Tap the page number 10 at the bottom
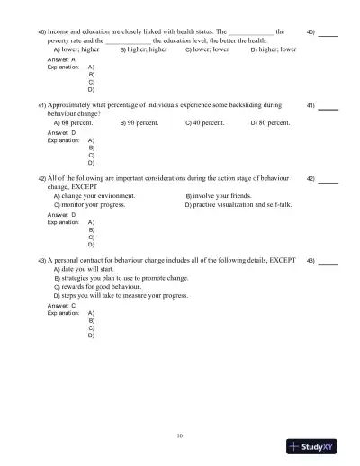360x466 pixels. [x=180, y=435]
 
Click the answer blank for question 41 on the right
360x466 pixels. [x=328, y=107]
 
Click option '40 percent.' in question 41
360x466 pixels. [x=209, y=121]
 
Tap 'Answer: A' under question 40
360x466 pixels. [x=60, y=59]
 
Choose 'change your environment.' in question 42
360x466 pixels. [x=97, y=195]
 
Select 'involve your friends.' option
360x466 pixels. [x=222, y=195]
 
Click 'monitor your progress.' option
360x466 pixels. [x=93, y=205]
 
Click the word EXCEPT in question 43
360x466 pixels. [x=283, y=259]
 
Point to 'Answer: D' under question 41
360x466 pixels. [x=60, y=133]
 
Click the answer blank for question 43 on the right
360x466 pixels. [x=328, y=264]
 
